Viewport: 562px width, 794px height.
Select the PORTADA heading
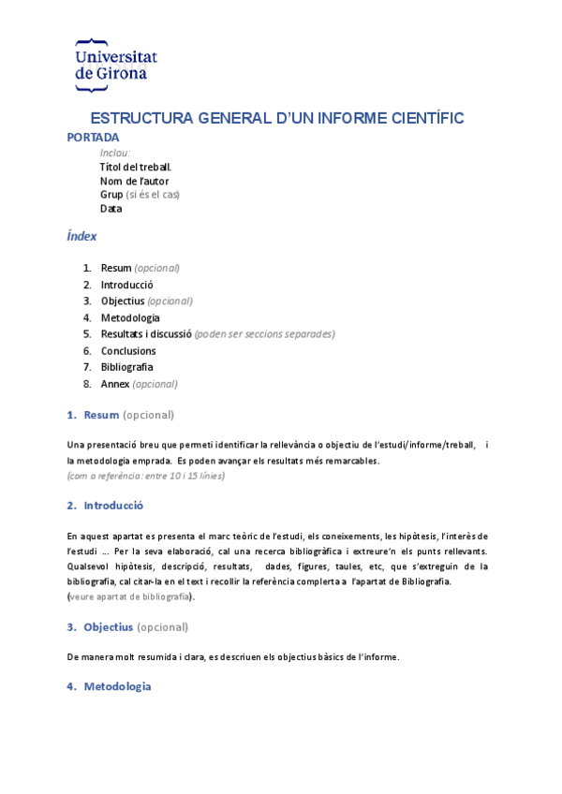tap(93, 137)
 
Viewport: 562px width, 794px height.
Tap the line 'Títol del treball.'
tap(135, 167)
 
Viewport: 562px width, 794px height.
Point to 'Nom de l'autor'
tap(134, 181)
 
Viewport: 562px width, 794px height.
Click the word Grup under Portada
tap(111, 195)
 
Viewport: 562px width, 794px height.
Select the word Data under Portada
tap(111, 209)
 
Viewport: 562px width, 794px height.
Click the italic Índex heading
tap(81, 237)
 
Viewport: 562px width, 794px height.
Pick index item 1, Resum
tap(116, 268)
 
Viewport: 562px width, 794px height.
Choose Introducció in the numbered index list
tap(126, 285)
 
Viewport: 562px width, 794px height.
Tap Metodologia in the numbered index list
tap(130, 317)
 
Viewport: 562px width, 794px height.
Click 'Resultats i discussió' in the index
tap(146, 333)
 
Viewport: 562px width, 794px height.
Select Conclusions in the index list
tap(128, 350)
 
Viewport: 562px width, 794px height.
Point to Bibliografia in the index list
tap(126, 367)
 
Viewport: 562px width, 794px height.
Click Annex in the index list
tap(115, 383)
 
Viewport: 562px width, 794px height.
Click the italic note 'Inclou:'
tap(115, 153)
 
